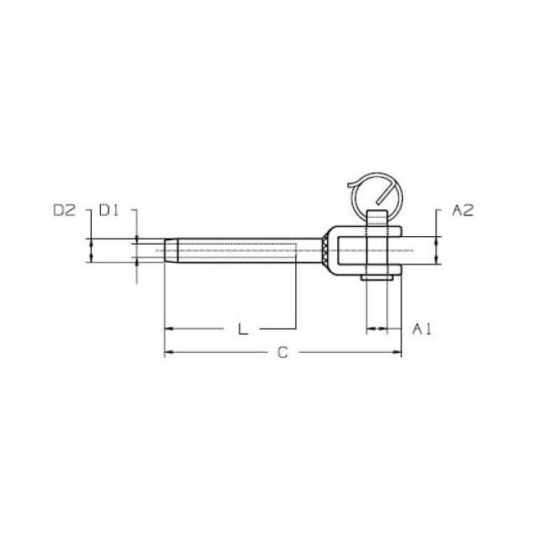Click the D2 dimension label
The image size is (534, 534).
click(x=64, y=210)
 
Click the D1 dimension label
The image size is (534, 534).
click(x=108, y=210)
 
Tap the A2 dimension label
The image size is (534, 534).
click(x=463, y=210)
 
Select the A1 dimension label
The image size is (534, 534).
click(x=422, y=329)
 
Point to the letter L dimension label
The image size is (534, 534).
click(x=243, y=329)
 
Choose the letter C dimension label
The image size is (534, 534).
click(x=283, y=352)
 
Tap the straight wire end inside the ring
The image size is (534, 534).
click(x=385, y=194)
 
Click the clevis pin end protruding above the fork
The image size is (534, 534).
click(x=377, y=218)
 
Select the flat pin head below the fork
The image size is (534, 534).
click(x=377, y=278)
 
